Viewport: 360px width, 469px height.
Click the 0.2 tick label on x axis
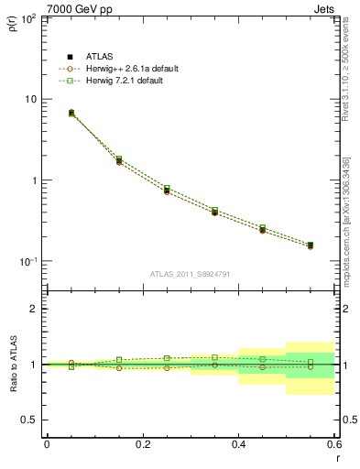[142, 444]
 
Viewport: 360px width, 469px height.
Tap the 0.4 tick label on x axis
[238, 444]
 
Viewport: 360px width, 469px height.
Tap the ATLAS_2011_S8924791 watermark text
[190, 273]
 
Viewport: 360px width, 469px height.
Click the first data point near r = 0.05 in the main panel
[71, 113]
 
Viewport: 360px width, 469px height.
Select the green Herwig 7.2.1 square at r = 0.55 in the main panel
[311, 245]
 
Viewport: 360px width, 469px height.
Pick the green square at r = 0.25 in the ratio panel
[167, 358]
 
